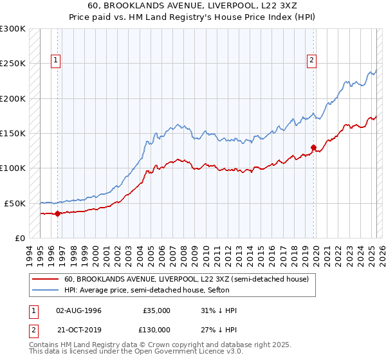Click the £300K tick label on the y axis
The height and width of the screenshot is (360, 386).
12,29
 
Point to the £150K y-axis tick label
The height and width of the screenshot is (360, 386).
12,134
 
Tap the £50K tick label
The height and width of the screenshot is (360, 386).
14,203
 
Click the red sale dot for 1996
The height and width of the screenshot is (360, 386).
57,213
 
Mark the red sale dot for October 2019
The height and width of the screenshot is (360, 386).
313,147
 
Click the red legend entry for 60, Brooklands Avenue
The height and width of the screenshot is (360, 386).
187,279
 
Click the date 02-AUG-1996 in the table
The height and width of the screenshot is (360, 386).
79,310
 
